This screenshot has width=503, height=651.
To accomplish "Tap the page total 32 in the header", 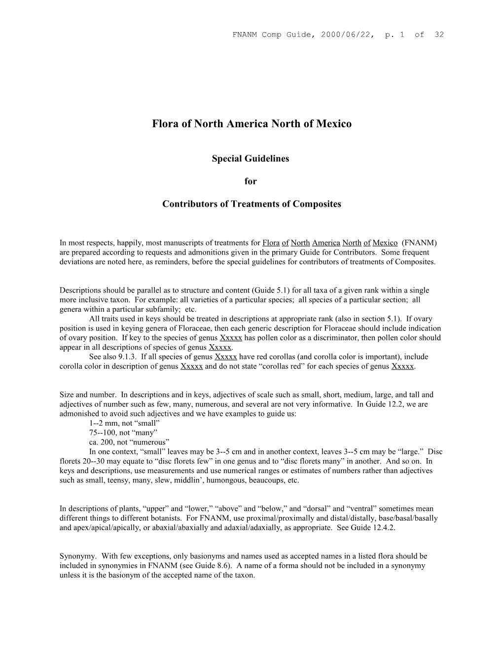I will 438,34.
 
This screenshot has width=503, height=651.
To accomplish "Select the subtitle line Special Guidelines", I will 251,159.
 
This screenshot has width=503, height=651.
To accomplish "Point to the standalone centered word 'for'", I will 251,181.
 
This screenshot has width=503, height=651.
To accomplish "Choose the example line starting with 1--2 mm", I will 125,423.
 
